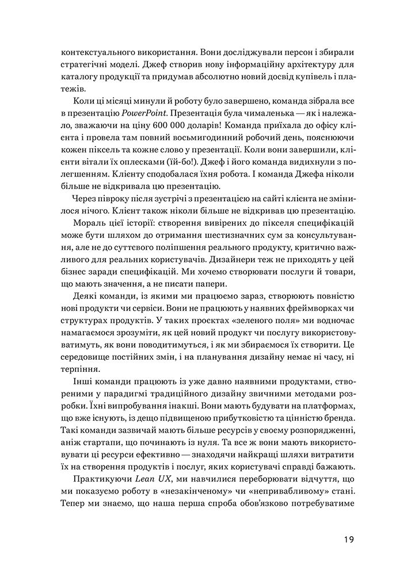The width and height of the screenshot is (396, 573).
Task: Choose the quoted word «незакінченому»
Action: pyautogui.click(x=185, y=494)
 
